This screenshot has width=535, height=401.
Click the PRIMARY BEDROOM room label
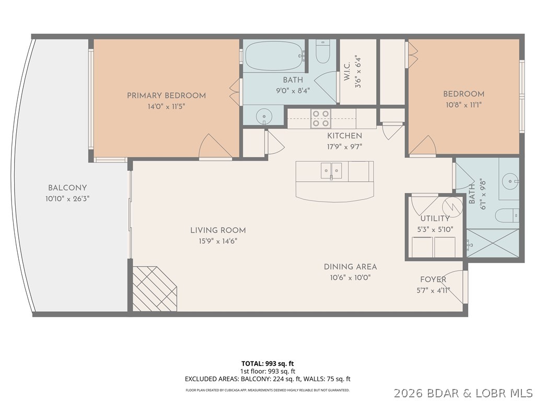166,96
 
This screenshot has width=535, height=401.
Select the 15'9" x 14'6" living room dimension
218,241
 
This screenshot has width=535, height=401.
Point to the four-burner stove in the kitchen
321,119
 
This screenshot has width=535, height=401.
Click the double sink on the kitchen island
331,170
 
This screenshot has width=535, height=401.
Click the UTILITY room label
435,218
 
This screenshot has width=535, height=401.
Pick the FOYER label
433,280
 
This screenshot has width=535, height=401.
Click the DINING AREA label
350,267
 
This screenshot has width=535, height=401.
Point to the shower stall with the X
493,243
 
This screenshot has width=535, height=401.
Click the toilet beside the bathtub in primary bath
323,52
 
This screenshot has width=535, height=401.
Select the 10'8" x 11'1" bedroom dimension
463,104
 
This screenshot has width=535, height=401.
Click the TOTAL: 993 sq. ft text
271,363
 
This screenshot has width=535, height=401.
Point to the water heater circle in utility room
453,205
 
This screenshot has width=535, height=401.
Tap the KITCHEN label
344,136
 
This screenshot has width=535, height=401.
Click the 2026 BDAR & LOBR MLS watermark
463,392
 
